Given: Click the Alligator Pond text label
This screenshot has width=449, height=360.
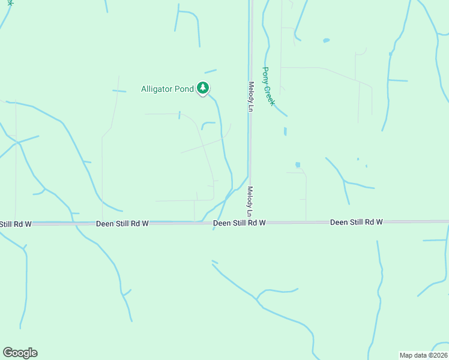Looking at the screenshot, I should coord(167,89).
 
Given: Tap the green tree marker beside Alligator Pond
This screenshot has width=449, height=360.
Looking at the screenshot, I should coord(203,89).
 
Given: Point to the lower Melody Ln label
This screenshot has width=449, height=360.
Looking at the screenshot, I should coord(249,202).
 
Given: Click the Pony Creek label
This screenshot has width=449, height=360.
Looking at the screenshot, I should coord(269,86).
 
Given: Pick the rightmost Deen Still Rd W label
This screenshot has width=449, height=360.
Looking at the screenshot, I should coord(356,223).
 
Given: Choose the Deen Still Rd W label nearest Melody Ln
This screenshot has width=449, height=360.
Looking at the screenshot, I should coord(240,223).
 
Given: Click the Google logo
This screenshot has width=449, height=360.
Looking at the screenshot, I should coord(20,353).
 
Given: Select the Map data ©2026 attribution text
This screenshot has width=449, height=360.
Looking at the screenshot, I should coord(423,355).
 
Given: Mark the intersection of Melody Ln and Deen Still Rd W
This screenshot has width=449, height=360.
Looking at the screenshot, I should coord(250,223).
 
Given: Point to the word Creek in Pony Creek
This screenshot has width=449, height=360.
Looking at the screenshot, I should coord(271,95).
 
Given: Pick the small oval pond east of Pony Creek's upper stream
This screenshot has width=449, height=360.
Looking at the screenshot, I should coord(326,40).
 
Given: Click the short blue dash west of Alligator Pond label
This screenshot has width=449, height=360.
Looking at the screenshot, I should coord(119,91).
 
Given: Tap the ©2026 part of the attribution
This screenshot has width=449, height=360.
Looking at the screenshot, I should coord(436,355).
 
